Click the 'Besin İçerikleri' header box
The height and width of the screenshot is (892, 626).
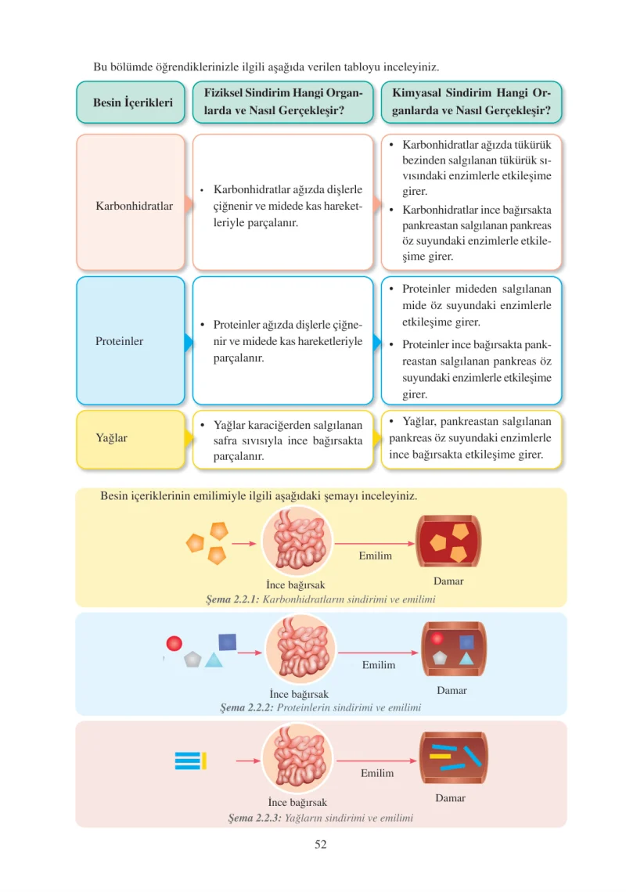(131, 103)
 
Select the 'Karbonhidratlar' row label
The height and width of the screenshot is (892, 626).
(135, 206)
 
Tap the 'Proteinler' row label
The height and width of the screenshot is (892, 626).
(120, 341)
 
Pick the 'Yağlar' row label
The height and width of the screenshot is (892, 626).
(112, 438)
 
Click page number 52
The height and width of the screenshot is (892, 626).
(321, 844)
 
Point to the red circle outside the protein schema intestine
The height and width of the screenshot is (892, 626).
(174, 643)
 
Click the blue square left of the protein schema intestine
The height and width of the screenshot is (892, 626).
(228, 642)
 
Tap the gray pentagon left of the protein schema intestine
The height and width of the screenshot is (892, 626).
(193, 660)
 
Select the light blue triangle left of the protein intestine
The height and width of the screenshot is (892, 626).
(214, 660)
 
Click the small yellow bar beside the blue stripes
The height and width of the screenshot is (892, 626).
(204, 761)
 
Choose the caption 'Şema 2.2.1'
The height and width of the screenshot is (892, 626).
(232, 599)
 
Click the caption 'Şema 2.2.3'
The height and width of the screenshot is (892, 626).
(255, 818)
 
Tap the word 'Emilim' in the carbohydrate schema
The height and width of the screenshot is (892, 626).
(376, 556)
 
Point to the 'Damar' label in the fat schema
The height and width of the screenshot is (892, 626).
(451, 798)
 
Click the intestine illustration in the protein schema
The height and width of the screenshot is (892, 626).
(301, 649)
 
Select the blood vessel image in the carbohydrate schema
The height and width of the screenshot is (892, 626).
(449, 541)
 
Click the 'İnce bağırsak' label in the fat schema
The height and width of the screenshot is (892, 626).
(297, 802)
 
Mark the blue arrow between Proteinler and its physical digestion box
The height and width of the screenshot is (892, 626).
(189, 342)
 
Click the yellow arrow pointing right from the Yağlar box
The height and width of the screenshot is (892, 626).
(189, 438)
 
